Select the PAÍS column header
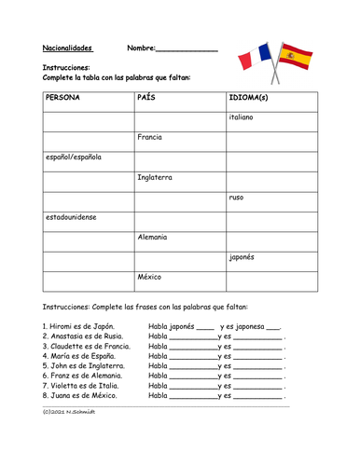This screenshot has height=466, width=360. point(146,97)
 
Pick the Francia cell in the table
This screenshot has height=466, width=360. point(150,137)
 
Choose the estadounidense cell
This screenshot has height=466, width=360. point(71,217)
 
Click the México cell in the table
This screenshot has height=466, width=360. point(150,278)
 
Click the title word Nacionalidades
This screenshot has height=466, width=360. point(73,48)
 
